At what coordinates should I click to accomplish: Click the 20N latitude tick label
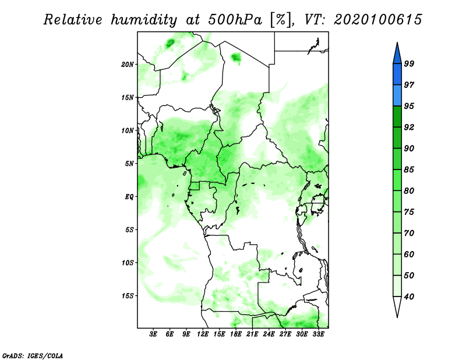[x=127, y=64]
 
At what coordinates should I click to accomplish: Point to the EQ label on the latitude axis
[x=129, y=197]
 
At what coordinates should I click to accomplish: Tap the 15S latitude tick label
[x=127, y=296]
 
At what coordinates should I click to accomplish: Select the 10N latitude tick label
[x=127, y=130]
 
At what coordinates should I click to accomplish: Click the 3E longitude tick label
[x=153, y=334]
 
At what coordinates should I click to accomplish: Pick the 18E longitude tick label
[x=236, y=334]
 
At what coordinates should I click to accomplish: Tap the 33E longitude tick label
[x=318, y=334]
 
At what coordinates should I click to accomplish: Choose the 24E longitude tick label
[x=269, y=334]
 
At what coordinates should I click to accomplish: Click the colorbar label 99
[x=409, y=63]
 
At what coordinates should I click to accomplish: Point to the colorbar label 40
[x=409, y=297]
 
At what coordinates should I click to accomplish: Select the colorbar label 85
[x=409, y=170]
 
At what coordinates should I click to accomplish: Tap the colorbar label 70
[x=409, y=233]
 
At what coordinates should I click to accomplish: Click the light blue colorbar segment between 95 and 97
[x=397, y=96]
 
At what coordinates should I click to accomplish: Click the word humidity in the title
[x=144, y=20]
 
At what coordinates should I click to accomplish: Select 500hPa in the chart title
[x=235, y=20]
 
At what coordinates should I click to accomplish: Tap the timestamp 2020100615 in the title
[x=377, y=20]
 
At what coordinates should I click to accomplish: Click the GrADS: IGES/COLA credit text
[x=33, y=356]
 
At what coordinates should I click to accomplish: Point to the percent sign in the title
[x=281, y=20]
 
